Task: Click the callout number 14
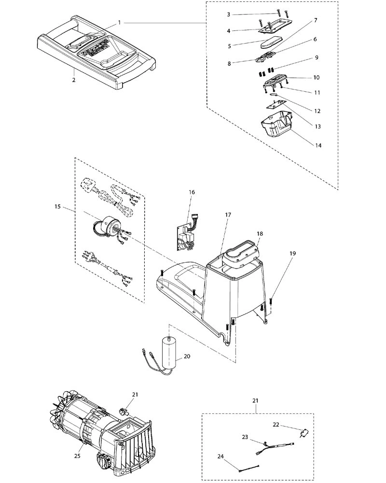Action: [x=318, y=145]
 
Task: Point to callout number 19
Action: [x=292, y=253]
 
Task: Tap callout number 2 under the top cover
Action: [x=73, y=80]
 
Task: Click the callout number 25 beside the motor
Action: [x=77, y=455]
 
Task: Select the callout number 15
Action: [x=57, y=206]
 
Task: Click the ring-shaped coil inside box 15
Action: [x=107, y=227]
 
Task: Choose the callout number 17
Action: [x=228, y=214]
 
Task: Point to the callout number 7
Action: [x=315, y=20]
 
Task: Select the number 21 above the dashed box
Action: [x=255, y=400]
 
